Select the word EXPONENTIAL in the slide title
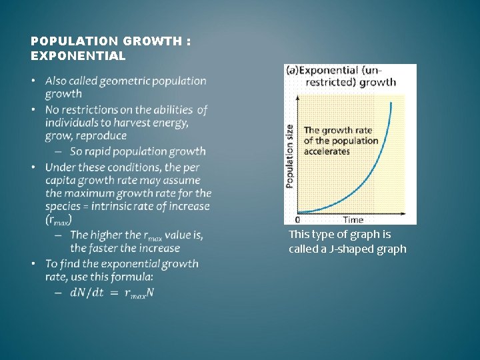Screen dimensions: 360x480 78,56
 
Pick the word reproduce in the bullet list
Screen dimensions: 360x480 100,135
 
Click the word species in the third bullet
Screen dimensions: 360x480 64,206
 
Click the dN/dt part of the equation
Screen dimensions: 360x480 87,293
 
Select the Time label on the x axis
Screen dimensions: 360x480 353,219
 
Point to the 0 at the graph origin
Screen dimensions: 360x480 297,219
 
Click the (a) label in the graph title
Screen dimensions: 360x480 291,70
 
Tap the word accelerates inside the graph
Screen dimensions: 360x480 327,151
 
